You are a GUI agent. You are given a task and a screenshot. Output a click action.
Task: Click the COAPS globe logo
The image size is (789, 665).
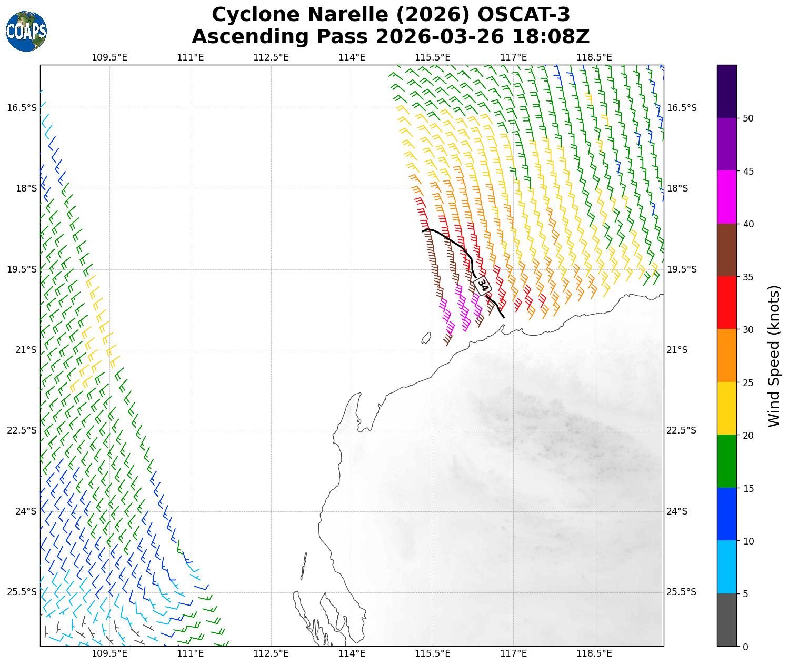point(26,32)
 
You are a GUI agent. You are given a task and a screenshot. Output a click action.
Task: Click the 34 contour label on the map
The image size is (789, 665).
point(482,285)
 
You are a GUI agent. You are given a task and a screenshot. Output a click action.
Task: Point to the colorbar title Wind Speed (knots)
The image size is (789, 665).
point(773,356)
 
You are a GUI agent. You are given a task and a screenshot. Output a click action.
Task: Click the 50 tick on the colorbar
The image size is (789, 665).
point(747,118)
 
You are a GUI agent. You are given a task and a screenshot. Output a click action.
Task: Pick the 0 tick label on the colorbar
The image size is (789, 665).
point(745,647)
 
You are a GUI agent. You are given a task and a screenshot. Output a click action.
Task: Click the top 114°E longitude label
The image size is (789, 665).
point(352,57)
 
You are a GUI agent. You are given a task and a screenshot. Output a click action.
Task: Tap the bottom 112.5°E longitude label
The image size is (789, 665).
point(271,654)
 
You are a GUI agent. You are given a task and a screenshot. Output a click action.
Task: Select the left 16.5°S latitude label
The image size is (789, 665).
point(22,108)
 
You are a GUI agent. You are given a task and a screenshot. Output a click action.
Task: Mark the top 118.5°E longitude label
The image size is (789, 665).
point(595,57)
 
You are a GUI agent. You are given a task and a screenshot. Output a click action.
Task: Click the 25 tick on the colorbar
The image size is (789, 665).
point(747,382)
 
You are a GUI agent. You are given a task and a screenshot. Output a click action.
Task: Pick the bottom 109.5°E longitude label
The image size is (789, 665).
point(109,654)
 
